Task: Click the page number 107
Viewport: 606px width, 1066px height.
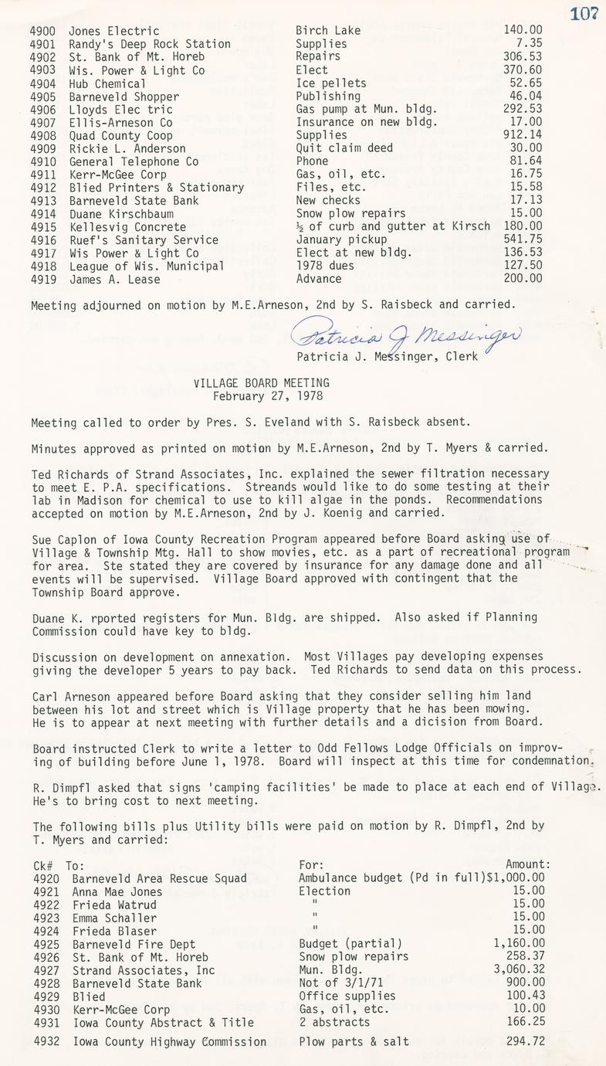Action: [585, 13]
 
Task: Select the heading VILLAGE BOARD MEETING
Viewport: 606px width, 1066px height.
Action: [262, 382]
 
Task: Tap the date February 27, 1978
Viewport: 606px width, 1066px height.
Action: [262, 396]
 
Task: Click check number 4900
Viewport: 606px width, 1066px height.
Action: [44, 31]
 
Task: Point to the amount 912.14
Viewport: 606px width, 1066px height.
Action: [523, 135]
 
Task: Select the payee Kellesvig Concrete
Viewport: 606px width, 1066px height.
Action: [127, 227]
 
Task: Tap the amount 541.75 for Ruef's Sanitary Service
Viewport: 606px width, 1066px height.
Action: [523, 239]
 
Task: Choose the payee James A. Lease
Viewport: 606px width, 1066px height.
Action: [114, 279]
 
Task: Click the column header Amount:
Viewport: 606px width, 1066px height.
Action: [528, 864]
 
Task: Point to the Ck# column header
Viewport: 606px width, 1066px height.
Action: [43, 864]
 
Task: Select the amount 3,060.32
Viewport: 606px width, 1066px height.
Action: [519, 969]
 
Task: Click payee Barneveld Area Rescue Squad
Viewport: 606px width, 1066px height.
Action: [160, 878]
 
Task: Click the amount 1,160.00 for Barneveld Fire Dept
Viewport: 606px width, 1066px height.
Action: [519, 943]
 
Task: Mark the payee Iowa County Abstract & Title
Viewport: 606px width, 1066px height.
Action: [163, 1022]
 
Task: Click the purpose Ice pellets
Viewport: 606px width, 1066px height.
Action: [331, 83]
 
